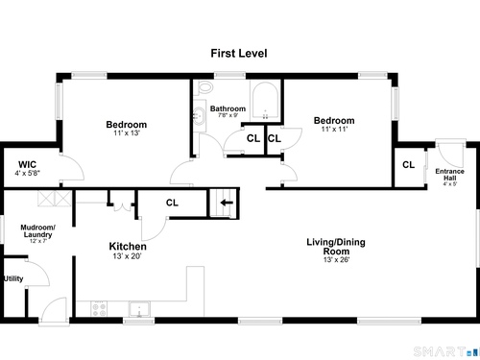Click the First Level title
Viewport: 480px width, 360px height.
pos(239,53)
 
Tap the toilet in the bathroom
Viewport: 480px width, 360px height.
pos(204,87)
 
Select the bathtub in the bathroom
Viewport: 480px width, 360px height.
pos(265,101)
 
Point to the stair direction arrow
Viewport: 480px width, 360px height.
pos(227,203)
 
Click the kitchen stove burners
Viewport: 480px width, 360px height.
pos(99,309)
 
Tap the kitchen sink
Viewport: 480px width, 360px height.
pos(139,309)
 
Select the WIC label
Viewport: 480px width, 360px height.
pos(27,164)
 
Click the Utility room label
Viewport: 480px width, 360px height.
pos(13,278)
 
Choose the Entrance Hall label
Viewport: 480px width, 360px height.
pos(449,175)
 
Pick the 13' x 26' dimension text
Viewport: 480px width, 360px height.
pos(336,259)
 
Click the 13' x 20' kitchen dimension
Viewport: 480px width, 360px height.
pos(127,256)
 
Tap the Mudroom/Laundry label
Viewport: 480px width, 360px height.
pos(37,231)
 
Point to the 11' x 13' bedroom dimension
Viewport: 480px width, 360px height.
pos(127,132)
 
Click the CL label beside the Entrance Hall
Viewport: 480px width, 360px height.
pos(408,165)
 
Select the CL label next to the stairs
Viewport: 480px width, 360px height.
pos(172,203)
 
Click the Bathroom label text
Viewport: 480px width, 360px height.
pos(228,108)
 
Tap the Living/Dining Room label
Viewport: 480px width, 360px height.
pos(336,247)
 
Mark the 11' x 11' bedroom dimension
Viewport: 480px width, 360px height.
pos(334,129)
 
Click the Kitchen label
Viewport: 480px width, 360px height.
pos(128,247)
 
